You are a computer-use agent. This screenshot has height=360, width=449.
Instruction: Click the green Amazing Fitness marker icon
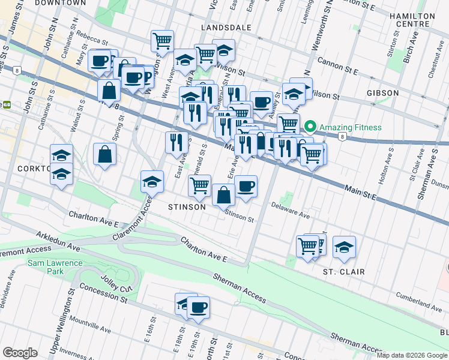tap(310, 127)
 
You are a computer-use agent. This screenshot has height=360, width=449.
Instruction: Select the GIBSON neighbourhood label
tap(382, 93)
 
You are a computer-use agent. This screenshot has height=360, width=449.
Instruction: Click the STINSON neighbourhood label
tap(187, 206)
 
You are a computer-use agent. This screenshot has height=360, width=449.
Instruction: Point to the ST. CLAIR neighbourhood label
tap(345, 272)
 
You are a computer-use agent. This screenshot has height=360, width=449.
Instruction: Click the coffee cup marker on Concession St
tap(198, 308)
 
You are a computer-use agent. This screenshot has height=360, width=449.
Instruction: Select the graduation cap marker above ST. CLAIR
tap(344, 247)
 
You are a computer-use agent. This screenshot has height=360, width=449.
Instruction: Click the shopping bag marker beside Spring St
tap(105, 154)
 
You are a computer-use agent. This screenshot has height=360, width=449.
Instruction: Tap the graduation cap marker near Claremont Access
tap(152, 182)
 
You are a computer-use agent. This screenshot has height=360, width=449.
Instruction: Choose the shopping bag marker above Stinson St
tap(223, 194)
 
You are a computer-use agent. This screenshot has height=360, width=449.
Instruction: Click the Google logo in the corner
tap(20, 353)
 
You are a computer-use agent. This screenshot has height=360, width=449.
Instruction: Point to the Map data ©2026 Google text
tap(412, 355)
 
